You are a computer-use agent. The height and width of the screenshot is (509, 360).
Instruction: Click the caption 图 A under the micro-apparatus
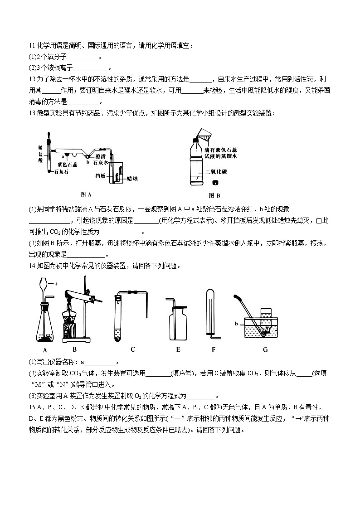[x=86, y=194]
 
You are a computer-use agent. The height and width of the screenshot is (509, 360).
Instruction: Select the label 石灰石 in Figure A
[x=62, y=172]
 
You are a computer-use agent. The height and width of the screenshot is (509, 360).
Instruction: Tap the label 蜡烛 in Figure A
[x=132, y=179]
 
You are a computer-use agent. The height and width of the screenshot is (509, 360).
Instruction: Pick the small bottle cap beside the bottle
[x=215, y=183]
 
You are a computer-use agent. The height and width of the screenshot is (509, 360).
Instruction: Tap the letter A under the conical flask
[x=45, y=350]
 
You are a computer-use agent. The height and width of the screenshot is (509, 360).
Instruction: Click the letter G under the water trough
[x=265, y=349]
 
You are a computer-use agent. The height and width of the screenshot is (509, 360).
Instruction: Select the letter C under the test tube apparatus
[x=133, y=349]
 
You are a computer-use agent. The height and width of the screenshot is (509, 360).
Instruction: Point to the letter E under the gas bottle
[x=178, y=349]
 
